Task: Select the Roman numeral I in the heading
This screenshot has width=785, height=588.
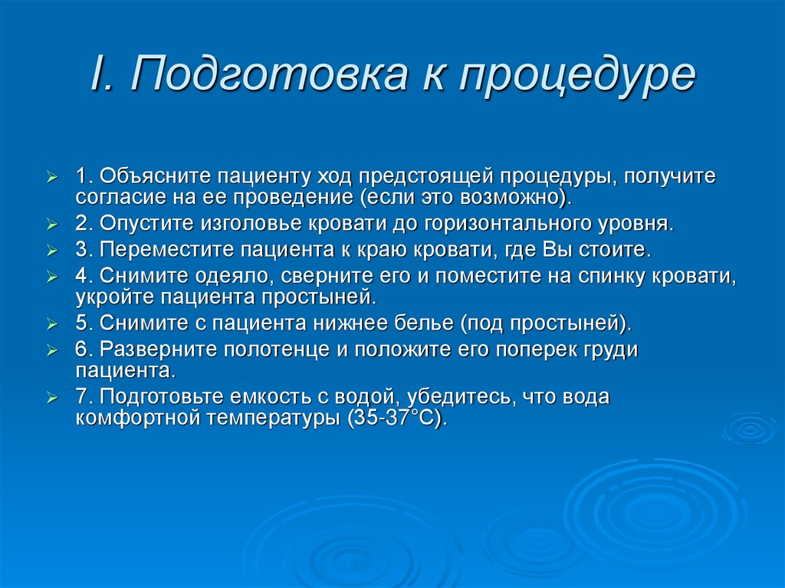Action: coord(97,77)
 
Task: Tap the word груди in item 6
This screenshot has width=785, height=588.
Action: coord(612,350)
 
